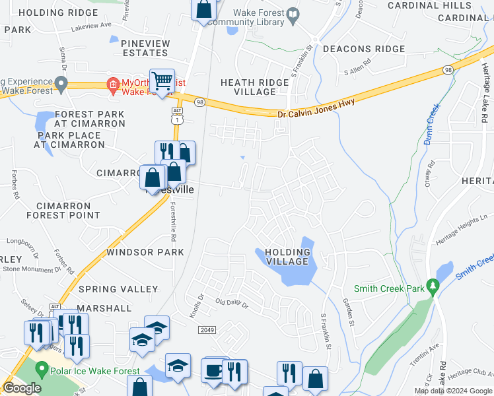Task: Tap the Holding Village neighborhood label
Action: (287, 257)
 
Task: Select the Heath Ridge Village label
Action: (254, 87)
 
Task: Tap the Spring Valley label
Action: (118, 289)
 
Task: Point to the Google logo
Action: (22, 388)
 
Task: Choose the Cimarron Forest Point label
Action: (63, 210)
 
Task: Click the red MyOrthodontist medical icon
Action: (113, 84)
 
